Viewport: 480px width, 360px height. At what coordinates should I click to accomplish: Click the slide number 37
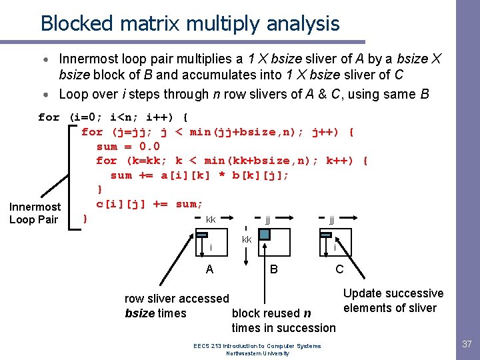[x=466, y=345]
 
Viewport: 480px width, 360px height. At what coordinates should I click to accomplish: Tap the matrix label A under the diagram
[x=209, y=269]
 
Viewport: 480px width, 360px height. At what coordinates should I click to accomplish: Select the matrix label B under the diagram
[x=273, y=269]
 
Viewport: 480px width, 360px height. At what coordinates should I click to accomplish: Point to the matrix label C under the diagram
[x=339, y=269]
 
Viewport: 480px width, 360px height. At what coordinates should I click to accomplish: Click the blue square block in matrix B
[x=265, y=234]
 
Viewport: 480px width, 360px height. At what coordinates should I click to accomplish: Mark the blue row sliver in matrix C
[x=327, y=235]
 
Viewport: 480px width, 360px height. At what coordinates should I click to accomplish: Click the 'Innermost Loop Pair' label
[x=35, y=213]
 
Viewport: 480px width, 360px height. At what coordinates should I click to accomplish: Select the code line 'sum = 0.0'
[x=128, y=146]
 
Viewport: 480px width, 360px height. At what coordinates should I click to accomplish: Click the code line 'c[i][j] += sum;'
[x=149, y=204]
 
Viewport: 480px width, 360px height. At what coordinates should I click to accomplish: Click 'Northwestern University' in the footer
[x=257, y=353]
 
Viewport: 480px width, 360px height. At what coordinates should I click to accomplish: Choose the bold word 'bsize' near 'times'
[x=140, y=313]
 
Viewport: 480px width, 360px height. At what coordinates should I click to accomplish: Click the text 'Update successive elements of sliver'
[x=393, y=301]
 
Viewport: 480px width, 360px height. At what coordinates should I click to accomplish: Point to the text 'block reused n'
[x=271, y=313]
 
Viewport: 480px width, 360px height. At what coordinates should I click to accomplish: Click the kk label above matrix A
[x=211, y=219]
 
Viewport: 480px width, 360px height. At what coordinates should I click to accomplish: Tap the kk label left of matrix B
[x=247, y=239]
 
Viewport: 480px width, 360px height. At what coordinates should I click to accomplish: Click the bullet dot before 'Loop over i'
[x=48, y=94]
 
